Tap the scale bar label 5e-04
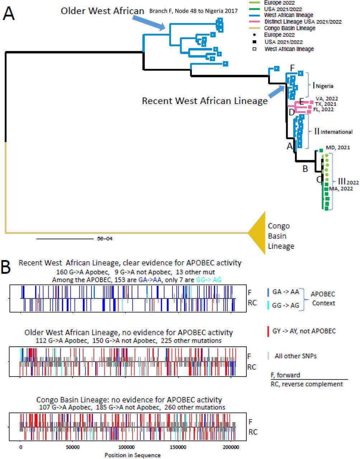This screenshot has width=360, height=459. click(x=105, y=238)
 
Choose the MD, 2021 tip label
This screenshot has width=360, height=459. click(x=338, y=147)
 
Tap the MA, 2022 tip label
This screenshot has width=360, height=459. click(x=341, y=189)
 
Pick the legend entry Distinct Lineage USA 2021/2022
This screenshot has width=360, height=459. click(x=303, y=22)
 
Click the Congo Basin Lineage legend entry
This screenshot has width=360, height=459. click(x=290, y=28)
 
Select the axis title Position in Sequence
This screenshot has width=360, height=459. click(x=132, y=455)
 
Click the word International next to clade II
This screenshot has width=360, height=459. click(x=336, y=132)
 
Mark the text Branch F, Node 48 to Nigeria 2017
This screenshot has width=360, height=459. click(x=194, y=11)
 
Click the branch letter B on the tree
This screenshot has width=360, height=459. click(x=305, y=169)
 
